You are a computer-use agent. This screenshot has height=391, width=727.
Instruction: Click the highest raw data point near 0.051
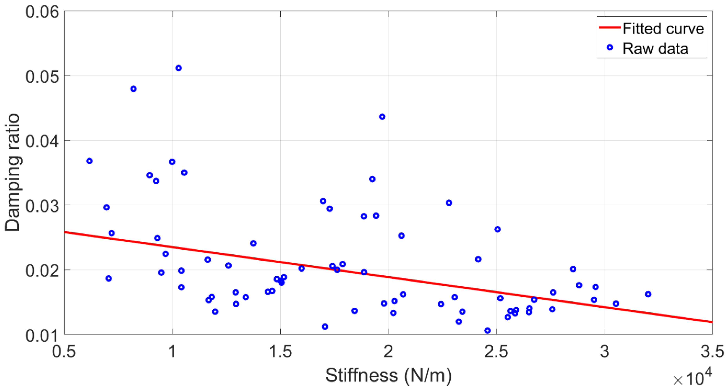178,68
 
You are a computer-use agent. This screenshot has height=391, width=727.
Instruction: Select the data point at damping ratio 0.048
134,89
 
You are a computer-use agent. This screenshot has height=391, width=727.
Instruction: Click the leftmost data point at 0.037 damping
89,161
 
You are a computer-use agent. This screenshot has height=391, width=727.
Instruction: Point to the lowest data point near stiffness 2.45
487,331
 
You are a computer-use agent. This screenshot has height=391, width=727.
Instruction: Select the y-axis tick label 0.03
42,206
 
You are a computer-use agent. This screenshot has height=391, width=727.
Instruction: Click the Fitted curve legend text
663,28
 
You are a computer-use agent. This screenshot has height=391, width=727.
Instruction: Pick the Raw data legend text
655,48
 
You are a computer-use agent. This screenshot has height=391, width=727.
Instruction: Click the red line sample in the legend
610,27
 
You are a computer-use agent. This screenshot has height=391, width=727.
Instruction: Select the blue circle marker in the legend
610,47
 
